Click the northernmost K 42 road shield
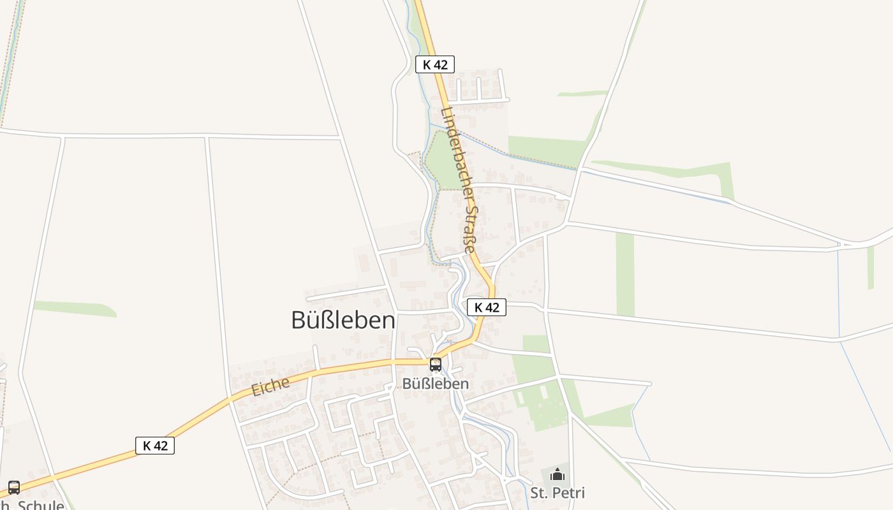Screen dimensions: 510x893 435,64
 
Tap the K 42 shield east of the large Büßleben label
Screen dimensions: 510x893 487,307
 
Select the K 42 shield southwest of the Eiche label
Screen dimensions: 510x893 155,446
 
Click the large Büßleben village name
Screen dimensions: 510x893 343,320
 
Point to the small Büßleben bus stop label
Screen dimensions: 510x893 436,384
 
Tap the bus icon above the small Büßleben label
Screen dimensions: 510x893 436,365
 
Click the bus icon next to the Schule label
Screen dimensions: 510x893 14,488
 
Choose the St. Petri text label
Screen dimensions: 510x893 557,493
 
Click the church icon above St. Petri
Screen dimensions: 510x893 557,474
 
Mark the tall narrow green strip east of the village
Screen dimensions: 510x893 625,274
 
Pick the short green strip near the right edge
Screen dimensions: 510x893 871,268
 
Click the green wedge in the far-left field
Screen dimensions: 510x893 77,309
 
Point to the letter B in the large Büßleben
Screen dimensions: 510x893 299,320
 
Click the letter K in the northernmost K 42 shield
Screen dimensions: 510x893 427,64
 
